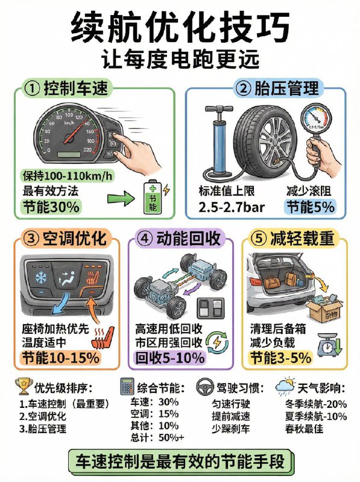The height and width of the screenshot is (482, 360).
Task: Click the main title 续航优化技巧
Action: coord(180,27)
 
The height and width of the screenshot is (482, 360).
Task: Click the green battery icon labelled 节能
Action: coord(151,197)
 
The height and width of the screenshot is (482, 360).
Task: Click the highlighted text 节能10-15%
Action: coord(60,357)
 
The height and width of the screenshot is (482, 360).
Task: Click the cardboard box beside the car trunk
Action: coord(320,312)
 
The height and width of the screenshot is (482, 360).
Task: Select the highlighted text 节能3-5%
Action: coord(280,357)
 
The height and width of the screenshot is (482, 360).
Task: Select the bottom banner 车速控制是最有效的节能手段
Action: coord(179,462)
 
